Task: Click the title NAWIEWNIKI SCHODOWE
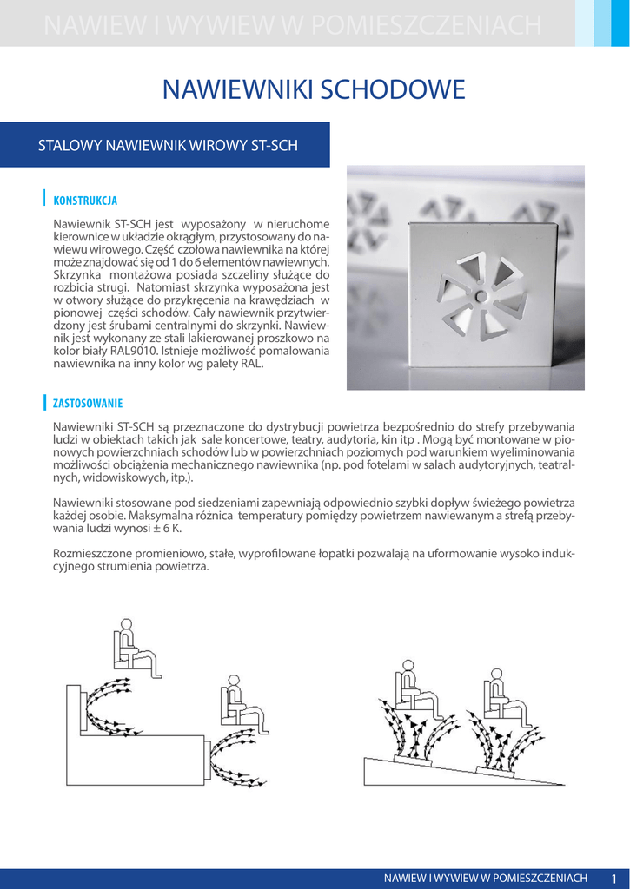(315, 89)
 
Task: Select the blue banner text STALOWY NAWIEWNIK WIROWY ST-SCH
(168, 145)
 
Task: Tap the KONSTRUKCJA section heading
(85, 201)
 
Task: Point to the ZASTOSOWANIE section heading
(88, 404)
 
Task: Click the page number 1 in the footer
(613, 879)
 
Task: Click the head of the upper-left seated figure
(126, 623)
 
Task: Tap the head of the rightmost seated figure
(496, 673)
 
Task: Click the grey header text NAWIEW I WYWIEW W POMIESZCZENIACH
(292, 27)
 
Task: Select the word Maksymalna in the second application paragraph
(159, 516)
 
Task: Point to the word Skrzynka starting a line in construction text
(78, 274)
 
